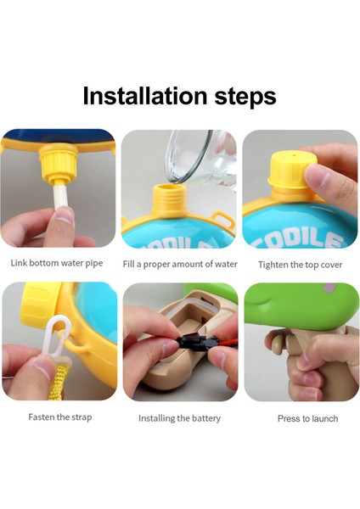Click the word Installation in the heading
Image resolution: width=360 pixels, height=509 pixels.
pyautogui.click(x=145, y=96)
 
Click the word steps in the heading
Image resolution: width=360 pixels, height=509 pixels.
pyautogui.click(x=245, y=97)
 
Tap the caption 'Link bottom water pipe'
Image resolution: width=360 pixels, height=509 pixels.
pyautogui.click(x=57, y=263)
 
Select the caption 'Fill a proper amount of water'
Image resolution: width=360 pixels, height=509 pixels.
pyautogui.click(x=180, y=264)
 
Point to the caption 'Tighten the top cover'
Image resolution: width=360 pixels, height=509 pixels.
pyautogui.click(x=301, y=265)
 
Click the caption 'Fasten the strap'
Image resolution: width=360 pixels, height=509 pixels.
pyautogui.click(x=60, y=417)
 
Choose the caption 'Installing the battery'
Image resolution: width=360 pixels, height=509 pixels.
pyautogui.click(x=179, y=418)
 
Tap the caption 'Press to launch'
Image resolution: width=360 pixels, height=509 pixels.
pyautogui.click(x=307, y=418)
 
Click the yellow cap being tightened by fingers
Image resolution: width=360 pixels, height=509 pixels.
pyautogui.click(x=288, y=170)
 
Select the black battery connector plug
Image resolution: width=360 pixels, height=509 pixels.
pyautogui.click(x=194, y=342)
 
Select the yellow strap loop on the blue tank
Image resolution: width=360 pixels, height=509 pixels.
pyautogui.click(x=222, y=219)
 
